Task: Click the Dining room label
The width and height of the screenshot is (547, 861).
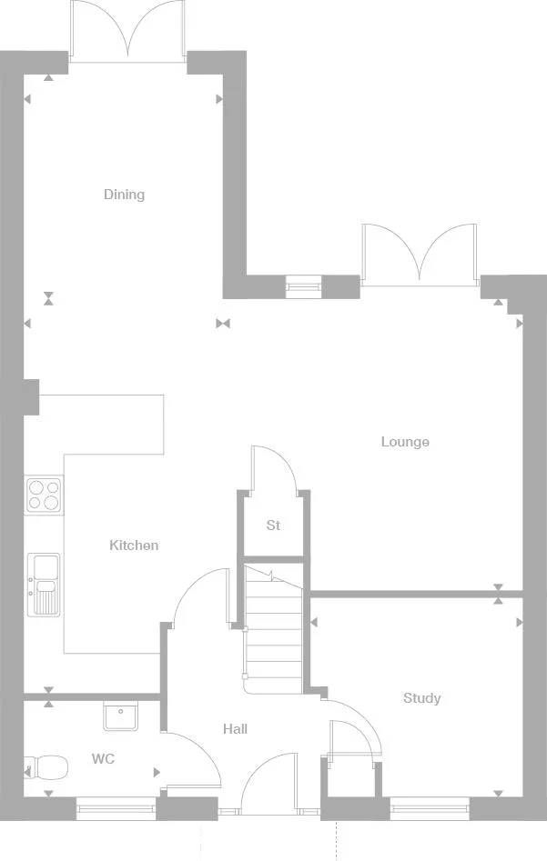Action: click(124, 195)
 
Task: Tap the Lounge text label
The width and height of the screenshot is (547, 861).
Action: click(405, 442)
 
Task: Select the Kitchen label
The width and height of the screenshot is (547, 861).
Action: click(134, 546)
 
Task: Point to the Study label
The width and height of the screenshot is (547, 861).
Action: click(421, 698)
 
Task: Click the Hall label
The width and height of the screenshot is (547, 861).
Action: click(235, 729)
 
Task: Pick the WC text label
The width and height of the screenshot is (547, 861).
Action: click(103, 759)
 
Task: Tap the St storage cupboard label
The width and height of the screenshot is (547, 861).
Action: click(273, 526)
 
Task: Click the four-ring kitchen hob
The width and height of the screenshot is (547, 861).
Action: click(44, 495)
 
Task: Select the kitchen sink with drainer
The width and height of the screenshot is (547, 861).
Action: click(43, 583)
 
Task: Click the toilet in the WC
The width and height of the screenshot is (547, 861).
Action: click(47, 769)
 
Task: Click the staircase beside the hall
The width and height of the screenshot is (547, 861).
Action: click(272, 627)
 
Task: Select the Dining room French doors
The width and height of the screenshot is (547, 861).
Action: click(128, 32)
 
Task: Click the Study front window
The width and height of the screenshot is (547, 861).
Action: click(430, 804)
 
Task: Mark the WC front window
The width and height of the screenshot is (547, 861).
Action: click(116, 804)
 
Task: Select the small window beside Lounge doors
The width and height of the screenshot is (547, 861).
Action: click(303, 287)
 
